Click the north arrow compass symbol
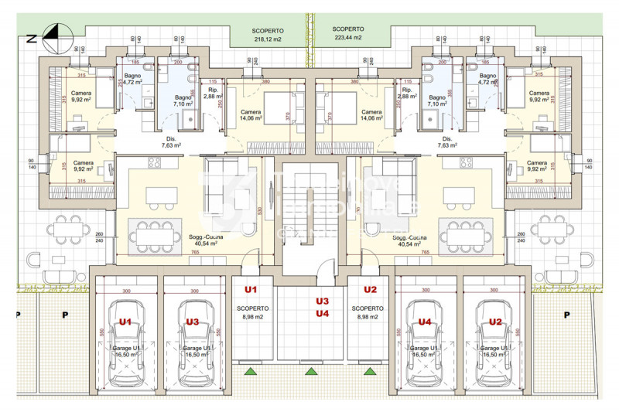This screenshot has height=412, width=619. [53, 32]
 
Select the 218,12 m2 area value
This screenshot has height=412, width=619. [268, 38]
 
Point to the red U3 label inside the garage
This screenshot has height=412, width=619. [193, 322]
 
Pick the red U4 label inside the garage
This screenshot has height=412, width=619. [425, 322]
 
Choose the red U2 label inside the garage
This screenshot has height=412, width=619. [495, 322]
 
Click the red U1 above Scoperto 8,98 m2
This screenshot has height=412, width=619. [250, 290]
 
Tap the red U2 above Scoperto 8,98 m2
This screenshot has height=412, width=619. [370, 290]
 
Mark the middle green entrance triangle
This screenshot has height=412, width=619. [310, 373]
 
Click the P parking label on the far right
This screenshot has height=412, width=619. [566, 315]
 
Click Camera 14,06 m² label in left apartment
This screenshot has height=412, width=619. [250, 115]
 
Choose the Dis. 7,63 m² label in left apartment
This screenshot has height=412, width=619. [172, 141]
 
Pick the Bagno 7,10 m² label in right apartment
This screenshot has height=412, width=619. [438, 100]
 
